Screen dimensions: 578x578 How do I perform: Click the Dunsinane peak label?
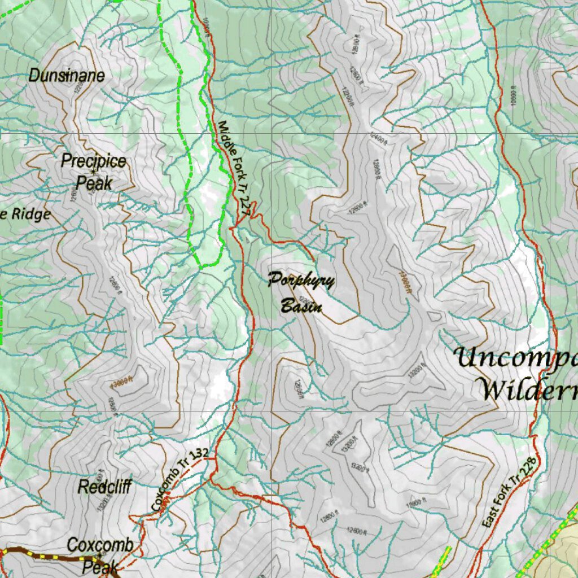click(67, 75)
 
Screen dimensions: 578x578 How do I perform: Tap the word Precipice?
click(94, 161)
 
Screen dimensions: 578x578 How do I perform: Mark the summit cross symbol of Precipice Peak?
click(94, 172)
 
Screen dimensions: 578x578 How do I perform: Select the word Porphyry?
click(301, 281)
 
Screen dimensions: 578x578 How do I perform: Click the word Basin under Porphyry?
click(301, 306)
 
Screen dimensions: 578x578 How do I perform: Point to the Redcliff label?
click(104, 487)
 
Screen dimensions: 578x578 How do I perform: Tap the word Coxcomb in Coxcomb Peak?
click(100, 545)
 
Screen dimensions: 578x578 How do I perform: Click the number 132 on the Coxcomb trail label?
click(199, 453)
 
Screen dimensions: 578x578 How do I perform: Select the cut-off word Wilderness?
click(526, 389)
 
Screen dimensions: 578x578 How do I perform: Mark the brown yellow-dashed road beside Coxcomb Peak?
click(45, 556)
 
